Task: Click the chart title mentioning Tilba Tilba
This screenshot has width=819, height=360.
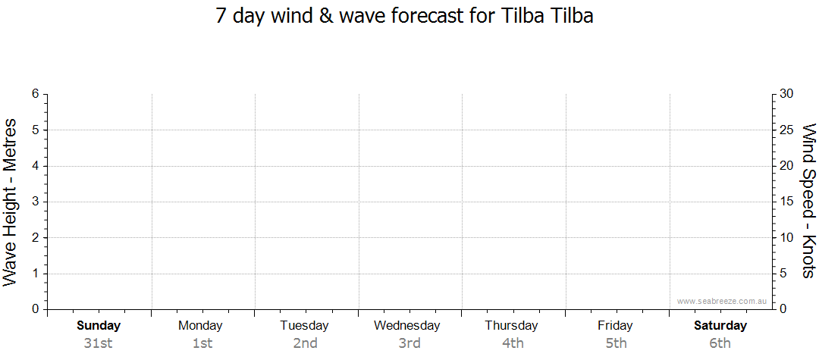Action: pyautogui.click(x=405, y=16)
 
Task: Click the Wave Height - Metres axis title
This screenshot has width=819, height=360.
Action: pyautogui.click(x=11, y=202)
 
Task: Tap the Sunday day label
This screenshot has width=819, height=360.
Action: pyautogui.click(x=99, y=326)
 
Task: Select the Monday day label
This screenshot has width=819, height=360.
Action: pyautogui.click(x=200, y=326)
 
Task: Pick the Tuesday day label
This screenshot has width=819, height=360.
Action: pyautogui.click(x=305, y=326)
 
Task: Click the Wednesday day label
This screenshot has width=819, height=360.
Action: pyautogui.click(x=407, y=326)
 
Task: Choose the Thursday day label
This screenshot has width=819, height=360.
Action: pyautogui.click(x=511, y=326)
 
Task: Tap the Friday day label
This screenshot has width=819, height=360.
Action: pyautogui.click(x=615, y=326)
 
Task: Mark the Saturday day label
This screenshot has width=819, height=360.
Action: pyautogui.click(x=720, y=326)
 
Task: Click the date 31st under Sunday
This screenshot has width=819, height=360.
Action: pyautogui.click(x=99, y=343)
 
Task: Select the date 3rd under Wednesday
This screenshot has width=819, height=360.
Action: pyautogui.click(x=409, y=343)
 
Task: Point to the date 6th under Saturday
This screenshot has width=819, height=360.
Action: pyautogui.click(x=720, y=343)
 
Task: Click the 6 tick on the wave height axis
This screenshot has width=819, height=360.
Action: pyautogui.click(x=35, y=94)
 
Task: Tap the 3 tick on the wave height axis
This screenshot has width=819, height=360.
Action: pyautogui.click(x=35, y=202)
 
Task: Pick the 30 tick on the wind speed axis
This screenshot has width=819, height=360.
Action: pyautogui.click(x=786, y=94)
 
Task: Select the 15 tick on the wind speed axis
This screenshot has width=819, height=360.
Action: pyautogui.click(x=786, y=202)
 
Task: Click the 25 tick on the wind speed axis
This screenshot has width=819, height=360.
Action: pyautogui.click(x=786, y=130)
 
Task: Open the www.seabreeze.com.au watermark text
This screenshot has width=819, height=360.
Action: pyautogui.click(x=721, y=301)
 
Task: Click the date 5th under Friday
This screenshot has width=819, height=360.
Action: pyautogui.click(x=617, y=343)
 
